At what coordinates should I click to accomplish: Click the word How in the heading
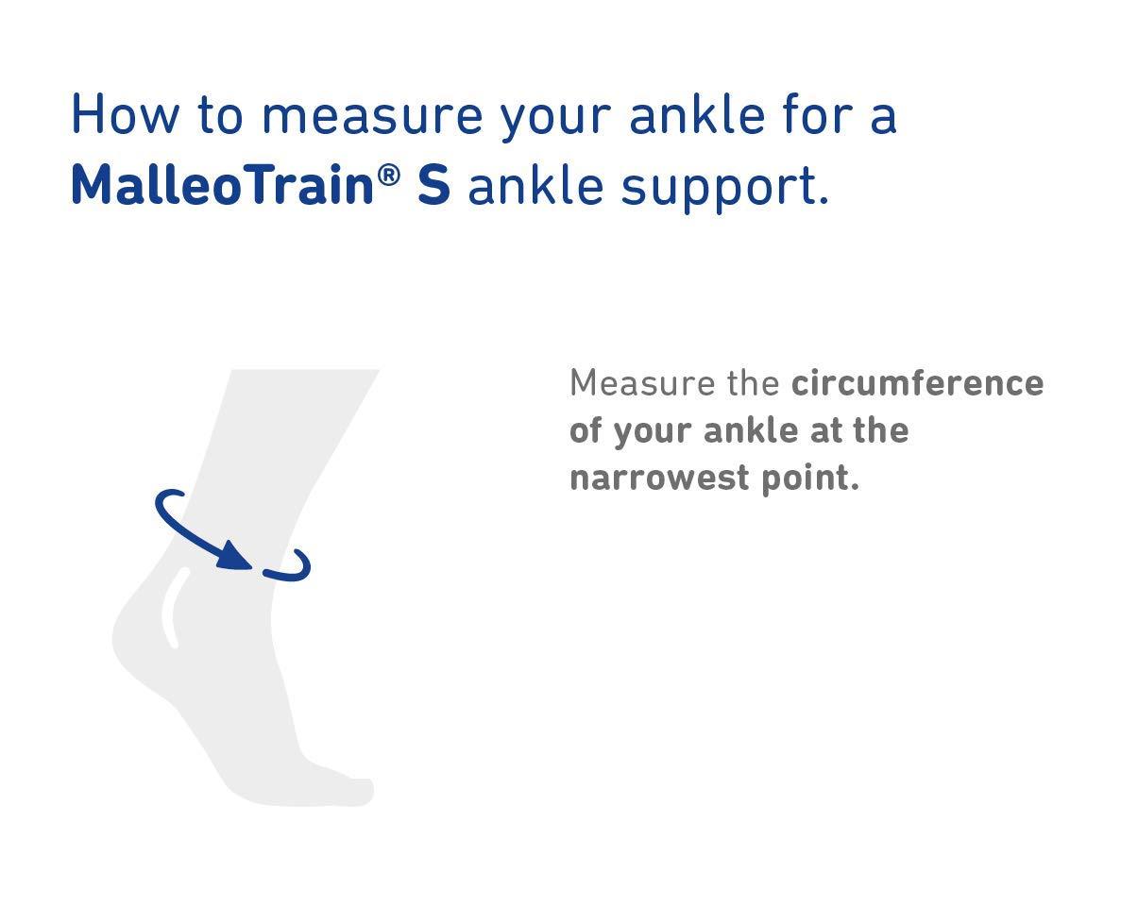click(x=125, y=114)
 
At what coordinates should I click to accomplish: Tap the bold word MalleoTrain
click(x=223, y=185)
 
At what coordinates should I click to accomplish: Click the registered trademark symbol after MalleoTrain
click(x=388, y=174)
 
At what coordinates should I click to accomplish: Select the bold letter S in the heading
click(x=434, y=185)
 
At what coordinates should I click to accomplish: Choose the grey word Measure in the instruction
click(x=642, y=384)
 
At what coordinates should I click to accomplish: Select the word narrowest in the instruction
click(x=659, y=479)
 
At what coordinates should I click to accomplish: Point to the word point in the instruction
click(x=809, y=479)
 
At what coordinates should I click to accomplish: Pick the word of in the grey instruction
click(x=586, y=430)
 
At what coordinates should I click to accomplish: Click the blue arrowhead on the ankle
click(x=234, y=556)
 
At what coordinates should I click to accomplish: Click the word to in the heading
click(x=219, y=116)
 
